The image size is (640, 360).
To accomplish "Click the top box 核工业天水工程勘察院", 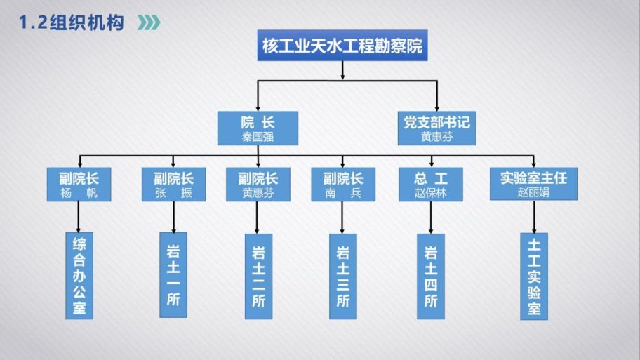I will tap(342, 46).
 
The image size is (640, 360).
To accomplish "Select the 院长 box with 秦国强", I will tap(257, 128).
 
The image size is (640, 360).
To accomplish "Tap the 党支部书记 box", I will tap(436, 128).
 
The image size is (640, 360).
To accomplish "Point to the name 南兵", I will tap(342, 192).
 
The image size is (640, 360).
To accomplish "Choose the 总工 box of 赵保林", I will tap(431, 185).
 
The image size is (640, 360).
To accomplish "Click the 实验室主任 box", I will tap(533, 185).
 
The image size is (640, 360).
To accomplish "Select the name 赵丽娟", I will tap(533, 192).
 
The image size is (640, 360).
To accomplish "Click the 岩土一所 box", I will tap(173, 274).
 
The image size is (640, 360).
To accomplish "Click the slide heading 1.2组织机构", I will tap(71, 23).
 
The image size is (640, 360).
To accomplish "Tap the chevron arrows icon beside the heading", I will tap(147, 23).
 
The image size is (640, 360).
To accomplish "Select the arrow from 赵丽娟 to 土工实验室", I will tap(534, 217).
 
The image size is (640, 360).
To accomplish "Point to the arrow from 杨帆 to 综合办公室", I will tap(79, 217).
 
